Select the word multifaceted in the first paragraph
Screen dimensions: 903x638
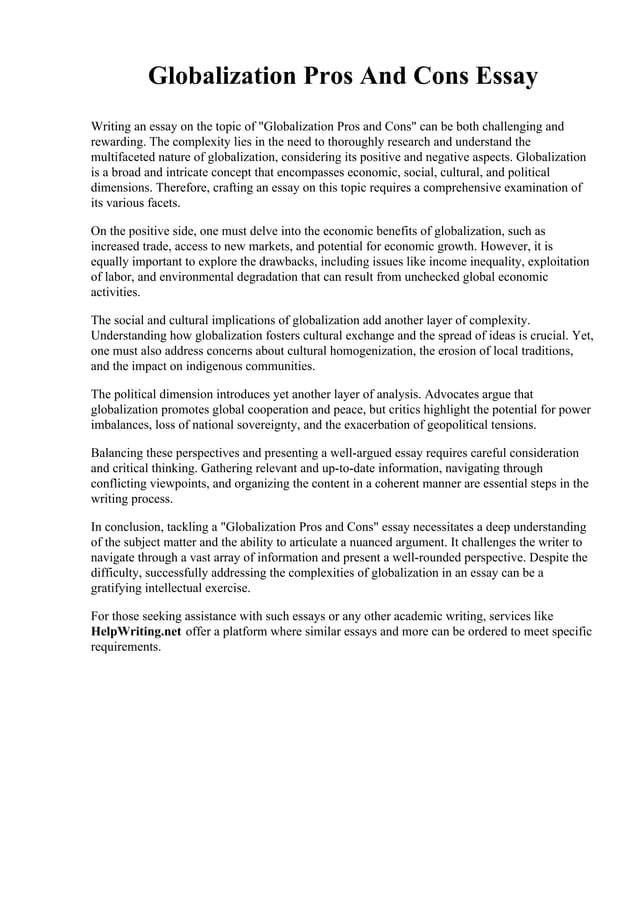pos(126,158)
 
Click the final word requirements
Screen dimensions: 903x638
pos(125,647)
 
